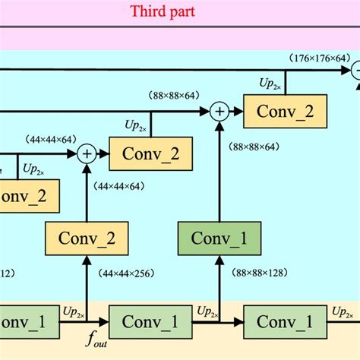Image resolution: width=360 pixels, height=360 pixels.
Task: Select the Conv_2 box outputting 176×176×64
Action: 284,112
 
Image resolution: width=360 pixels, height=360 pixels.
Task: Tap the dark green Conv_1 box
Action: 219,238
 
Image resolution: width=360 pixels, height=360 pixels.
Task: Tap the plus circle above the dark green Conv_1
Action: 219,112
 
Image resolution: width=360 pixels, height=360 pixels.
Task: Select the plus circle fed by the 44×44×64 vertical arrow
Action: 87,154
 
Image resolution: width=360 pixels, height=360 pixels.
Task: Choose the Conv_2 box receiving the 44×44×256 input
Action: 86,238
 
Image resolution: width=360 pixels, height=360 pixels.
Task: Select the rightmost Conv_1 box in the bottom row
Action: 284,322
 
